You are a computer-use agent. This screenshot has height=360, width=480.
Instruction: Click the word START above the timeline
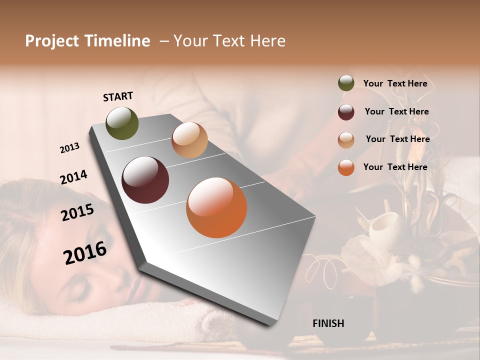pyautogui.click(x=118, y=96)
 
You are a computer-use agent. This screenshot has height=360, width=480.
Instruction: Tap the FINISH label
pyautogui.click(x=328, y=323)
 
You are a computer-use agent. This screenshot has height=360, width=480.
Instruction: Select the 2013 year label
pyautogui.click(x=69, y=148)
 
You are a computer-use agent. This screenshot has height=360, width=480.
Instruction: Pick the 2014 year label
pyautogui.click(x=73, y=177)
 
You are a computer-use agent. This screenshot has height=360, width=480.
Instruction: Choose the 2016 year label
pyautogui.click(x=85, y=252)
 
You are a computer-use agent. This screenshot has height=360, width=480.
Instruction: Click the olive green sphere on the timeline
pyautogui.click(x=122, y=123)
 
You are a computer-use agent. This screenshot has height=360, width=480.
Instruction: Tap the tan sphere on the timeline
pyautogui.click(x=189, y=140)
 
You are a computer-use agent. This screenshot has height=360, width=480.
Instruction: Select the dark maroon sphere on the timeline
pyautogui.click(x=145, y=180)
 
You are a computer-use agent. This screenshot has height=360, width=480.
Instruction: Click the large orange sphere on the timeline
pyautogui.click(x=216, y=207)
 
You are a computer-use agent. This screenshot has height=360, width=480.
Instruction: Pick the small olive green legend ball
pyautogui.click(x=346, y=83)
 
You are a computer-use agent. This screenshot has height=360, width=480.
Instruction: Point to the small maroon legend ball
pyautogui.click(x=346, y=112)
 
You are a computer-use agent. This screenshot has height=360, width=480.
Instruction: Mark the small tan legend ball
pyautogui.click(x=346, y=140)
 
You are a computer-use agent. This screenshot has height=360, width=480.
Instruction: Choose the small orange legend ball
pyautogui.click(x=346, y=167)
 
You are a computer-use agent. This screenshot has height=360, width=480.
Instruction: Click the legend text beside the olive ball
pyautogui.click(x=395, y=83)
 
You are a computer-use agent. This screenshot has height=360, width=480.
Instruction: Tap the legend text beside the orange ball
pyautogui.click(x=395, y=167)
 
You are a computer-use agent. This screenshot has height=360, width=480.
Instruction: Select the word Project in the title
pyautogui.click(x=52, y=41)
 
